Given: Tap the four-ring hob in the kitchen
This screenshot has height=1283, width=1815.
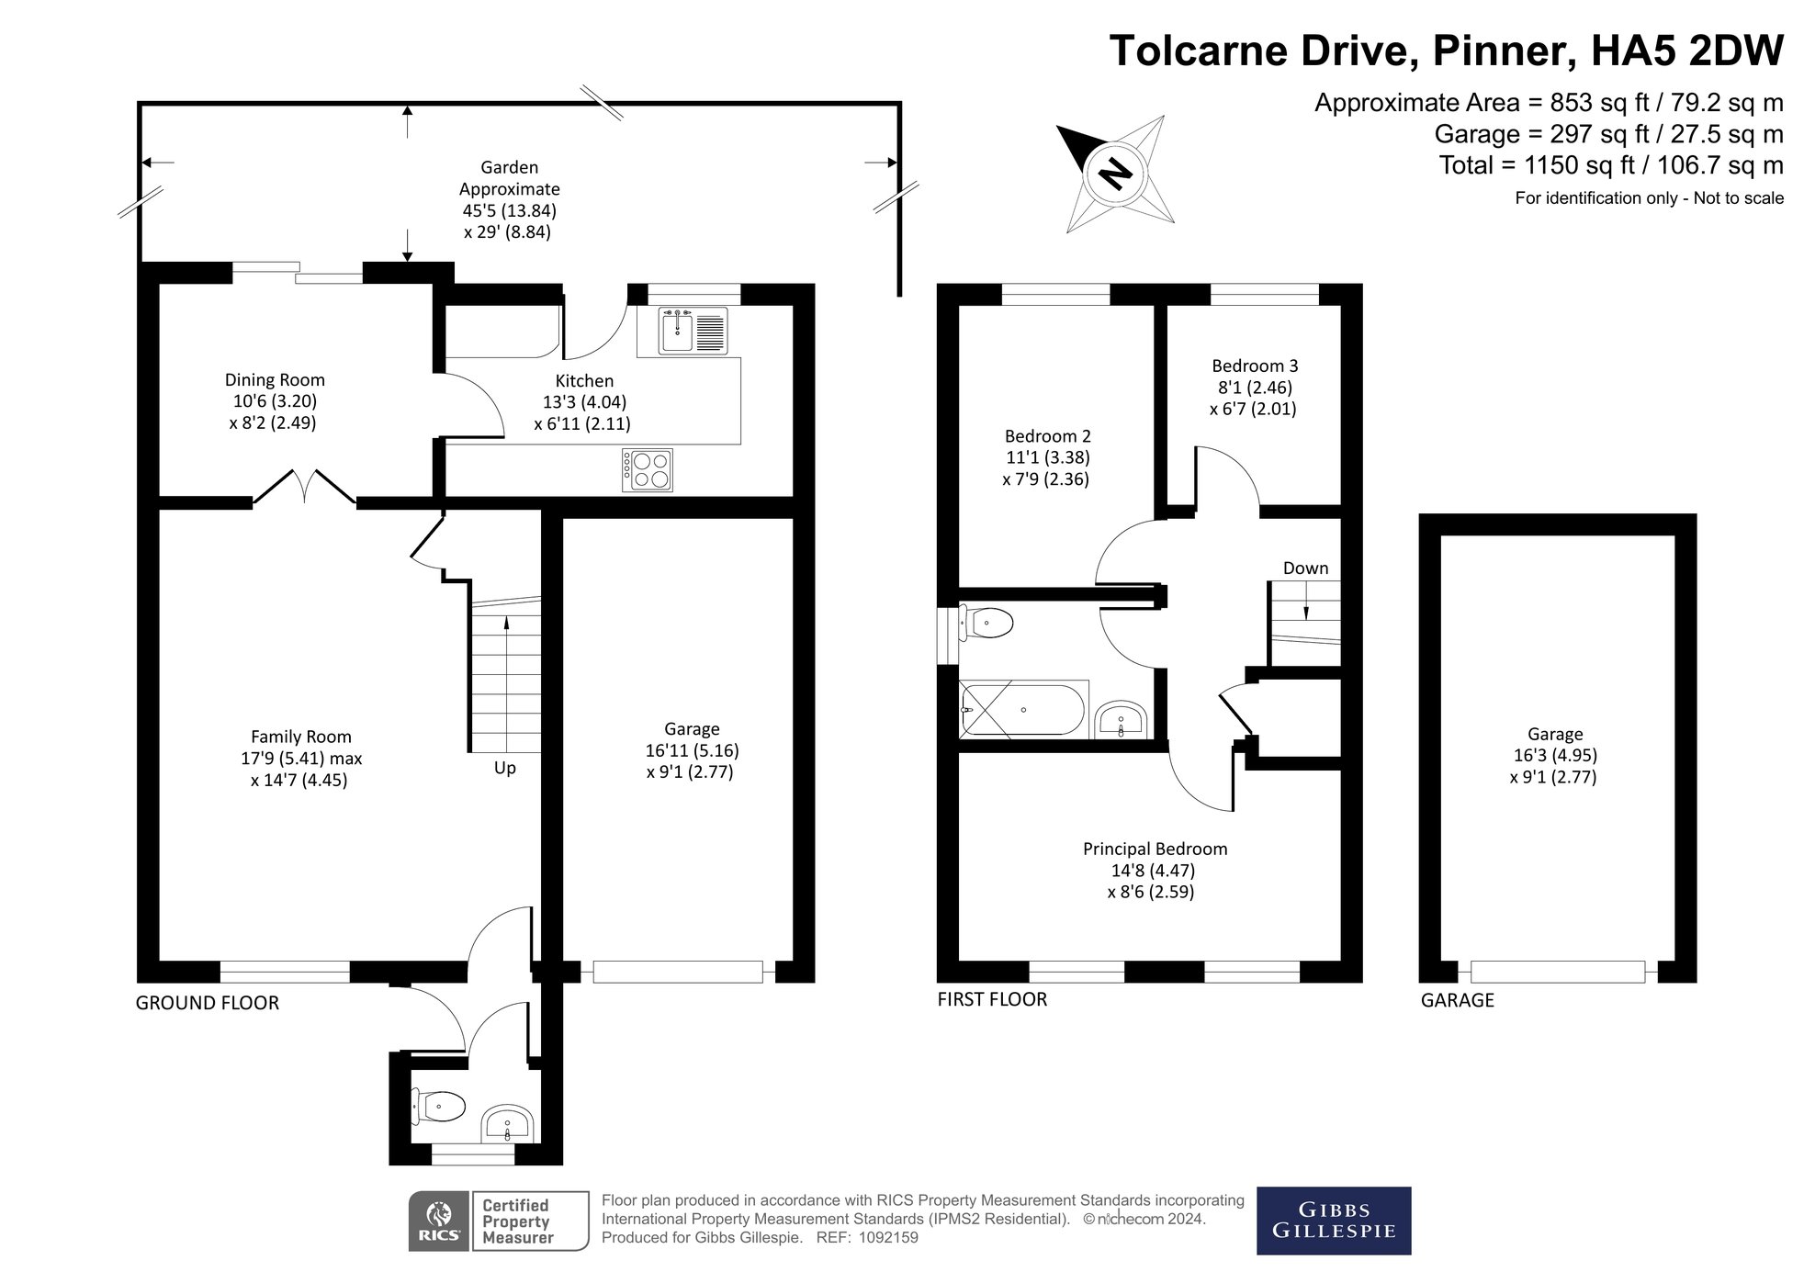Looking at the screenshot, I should click(648, 469).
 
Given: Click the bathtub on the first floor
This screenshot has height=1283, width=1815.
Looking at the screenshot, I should click(1022, 710).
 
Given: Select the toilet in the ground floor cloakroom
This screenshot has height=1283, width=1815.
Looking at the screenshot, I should click(440, 1106).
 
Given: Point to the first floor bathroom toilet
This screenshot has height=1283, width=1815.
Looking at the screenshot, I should click(986, 624).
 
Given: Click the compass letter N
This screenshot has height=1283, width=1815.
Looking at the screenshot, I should click(1115, 172).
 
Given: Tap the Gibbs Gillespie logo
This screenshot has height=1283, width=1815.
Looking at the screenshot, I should click(1333, 1221).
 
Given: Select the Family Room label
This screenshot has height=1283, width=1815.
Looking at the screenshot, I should click(301, 737).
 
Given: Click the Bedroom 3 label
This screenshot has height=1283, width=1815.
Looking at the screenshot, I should click(1254, 366).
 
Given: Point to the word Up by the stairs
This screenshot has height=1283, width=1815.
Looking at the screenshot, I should click(504, 768).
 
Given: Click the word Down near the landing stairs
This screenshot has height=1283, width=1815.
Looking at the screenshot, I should click(1305, 568).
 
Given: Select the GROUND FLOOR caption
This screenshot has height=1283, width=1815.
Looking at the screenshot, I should click(207, 1003).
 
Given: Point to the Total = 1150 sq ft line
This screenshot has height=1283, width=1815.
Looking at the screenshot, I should click(1610, 165).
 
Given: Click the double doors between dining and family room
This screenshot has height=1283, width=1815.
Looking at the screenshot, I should click(304, 489).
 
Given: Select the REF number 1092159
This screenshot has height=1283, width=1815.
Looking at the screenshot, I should click(887, 1237).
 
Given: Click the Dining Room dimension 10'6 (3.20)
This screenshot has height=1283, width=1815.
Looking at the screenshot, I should click(275, 401).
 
